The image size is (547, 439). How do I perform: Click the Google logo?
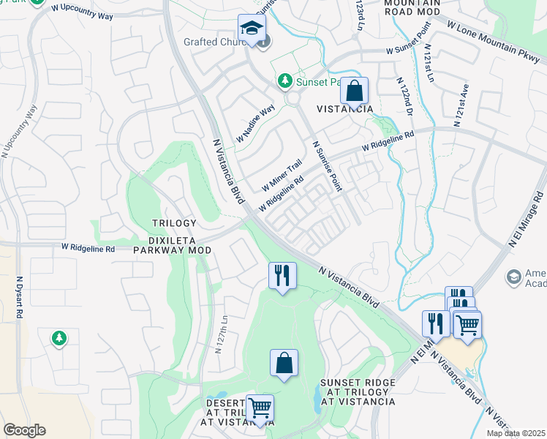click(24, 430)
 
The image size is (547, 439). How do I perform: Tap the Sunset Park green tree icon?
click(286, 82)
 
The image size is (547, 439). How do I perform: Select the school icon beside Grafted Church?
click(251, 29)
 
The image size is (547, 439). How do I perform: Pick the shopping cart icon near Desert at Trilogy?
click(260, 408)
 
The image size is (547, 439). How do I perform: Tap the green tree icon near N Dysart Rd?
click(59, 338)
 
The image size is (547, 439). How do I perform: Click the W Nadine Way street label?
click(254, 123)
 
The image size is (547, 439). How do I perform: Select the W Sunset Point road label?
click(413, 50)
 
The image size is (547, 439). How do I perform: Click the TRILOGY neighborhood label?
click(174, 223)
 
